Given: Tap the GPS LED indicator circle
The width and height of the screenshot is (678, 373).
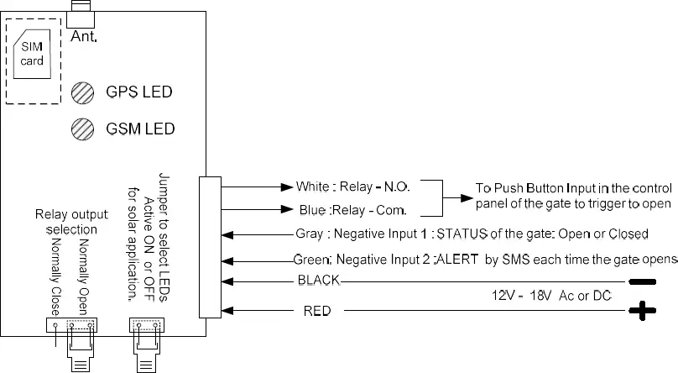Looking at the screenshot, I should coord(82,92).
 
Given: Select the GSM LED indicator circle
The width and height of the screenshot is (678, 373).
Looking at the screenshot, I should coord(82,129).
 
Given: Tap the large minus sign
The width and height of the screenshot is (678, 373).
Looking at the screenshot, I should coord(643,281).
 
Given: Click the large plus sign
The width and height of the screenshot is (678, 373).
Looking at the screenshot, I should coord(644,313).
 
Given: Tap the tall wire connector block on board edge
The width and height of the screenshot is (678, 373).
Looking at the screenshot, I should coord(209,247).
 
